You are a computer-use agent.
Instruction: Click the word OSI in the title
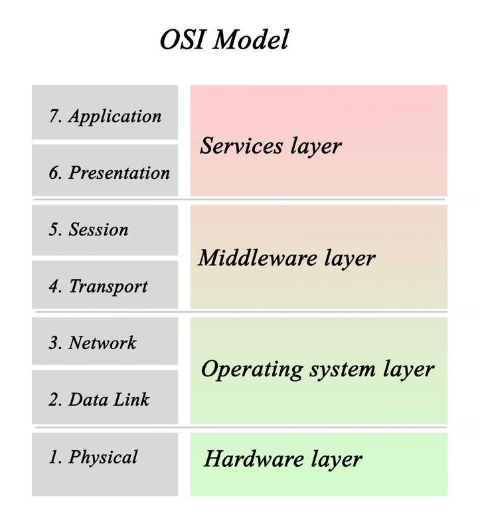pyautogui.click(x=183, y=39)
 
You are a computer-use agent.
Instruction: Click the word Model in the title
pyautogui.click(x=251, y=39)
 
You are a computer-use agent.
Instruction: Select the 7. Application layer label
pyautogui.click(x=105, y=116)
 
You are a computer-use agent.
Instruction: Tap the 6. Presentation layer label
pyautogui.click(x=109, y=172)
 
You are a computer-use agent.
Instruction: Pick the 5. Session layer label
pyautogui.click(x=88, y=229)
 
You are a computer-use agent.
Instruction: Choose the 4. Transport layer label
pyautogui.click(x=98, y=287)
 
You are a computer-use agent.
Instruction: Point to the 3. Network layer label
pyautogui.click(x=92, y=342)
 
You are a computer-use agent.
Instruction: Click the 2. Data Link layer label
pyautogui.click(x=99, y=399)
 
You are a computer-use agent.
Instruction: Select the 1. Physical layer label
pyautogui.click(x=93, y=457)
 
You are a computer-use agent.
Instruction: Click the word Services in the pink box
pyautogui.click(x=241, y=146)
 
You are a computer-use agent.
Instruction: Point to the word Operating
pyautogui.click(x=252, y=370)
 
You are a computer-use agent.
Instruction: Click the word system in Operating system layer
pyautogui.click(x=343, y=370)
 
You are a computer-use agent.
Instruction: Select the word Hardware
pyautogui.click(x=254, y=458)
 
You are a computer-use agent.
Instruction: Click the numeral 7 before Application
pyautogui.click(x=54, y=116)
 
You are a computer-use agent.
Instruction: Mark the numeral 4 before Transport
pyautogui.click(x=54, y=286)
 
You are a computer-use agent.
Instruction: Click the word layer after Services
pyautogui.click(x=316, y=147)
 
